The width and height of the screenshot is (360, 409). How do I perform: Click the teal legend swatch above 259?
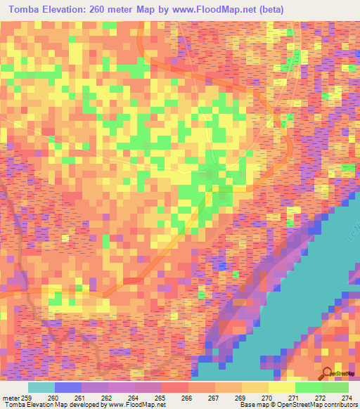[x=41, y=387]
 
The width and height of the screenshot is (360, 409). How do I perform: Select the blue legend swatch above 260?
[x=68, y=387]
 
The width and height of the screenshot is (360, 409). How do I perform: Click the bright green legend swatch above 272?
[x=309, y=387]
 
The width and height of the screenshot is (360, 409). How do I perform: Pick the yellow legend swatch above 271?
[x=282, y=387]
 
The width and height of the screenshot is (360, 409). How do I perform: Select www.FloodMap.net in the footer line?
[x=137, y=405]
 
